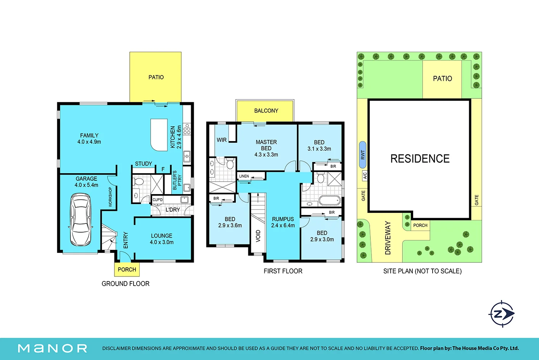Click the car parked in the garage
pos(80,220)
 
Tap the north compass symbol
pos(502,314)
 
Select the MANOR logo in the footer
pos(53,348)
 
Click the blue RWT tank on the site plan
pos(363,154)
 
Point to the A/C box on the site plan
pos(365,175)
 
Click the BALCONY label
pos(266,111)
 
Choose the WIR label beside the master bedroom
pos(222,140)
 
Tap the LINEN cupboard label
pos(244,176)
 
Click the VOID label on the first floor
pos(258,236)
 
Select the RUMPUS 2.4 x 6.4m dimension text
pos(283,222)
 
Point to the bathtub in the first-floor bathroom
pos(330,201)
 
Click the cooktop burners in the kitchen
pos(187,129)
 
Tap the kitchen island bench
pos(159,135)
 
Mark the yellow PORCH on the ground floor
pos(127,269)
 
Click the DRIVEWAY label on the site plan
pos(388,238)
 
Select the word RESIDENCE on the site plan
pos(420,159)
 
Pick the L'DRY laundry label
pos(173,210)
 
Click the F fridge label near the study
pos(163,169)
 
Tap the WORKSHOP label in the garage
pos(110,197)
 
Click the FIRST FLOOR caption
pos(283,271)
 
